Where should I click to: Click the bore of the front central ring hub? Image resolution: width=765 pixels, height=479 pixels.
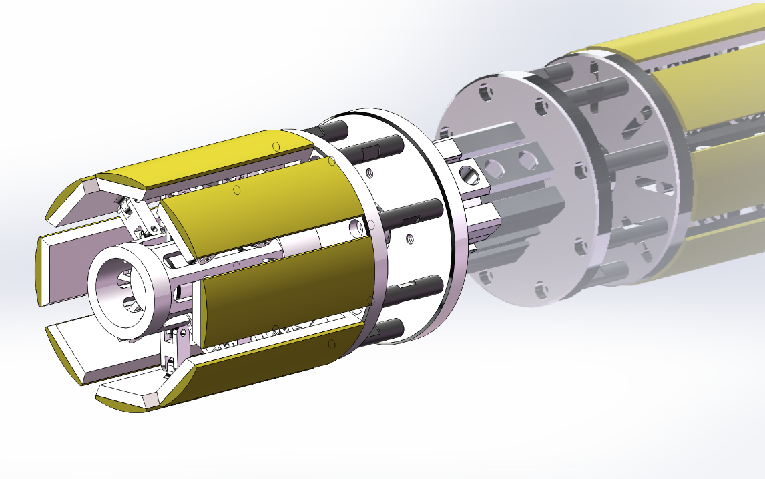coord(120,291)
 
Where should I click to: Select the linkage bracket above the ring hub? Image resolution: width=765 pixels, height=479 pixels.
coord(137,217)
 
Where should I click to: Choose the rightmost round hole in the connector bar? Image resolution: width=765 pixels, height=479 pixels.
coord(527,160)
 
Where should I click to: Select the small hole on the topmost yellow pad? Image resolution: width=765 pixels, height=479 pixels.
coord(275,145)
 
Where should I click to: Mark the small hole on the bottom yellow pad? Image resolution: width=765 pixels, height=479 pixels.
coord(331,345)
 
